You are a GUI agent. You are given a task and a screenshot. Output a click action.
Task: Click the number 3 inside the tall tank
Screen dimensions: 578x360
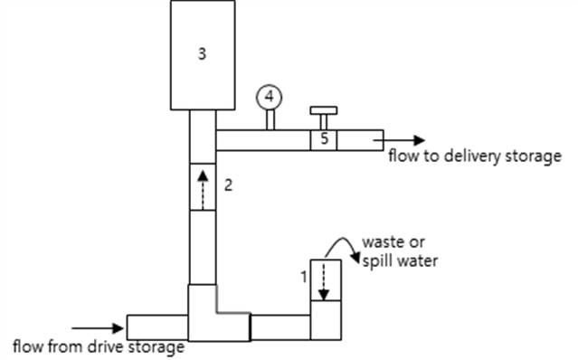202,54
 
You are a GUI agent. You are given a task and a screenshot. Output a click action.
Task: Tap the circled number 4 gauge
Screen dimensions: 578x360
270,98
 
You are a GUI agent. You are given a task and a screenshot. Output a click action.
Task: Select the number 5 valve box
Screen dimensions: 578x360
324,140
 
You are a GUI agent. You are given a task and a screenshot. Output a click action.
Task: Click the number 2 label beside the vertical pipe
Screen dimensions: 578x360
229,185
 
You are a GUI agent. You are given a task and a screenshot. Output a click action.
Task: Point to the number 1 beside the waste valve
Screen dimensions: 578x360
304,277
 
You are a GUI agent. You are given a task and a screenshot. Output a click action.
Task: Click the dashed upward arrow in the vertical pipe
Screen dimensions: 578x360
203,191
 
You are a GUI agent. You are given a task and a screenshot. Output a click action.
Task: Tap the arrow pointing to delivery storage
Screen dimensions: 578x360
399,140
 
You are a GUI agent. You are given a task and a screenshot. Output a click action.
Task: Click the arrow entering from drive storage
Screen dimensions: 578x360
98,328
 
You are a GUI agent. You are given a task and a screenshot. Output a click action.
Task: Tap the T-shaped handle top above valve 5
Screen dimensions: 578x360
324,110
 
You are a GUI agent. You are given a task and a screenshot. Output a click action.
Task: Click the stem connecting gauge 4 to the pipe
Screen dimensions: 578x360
270,120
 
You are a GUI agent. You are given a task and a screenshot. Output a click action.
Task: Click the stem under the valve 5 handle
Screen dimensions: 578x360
324,122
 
